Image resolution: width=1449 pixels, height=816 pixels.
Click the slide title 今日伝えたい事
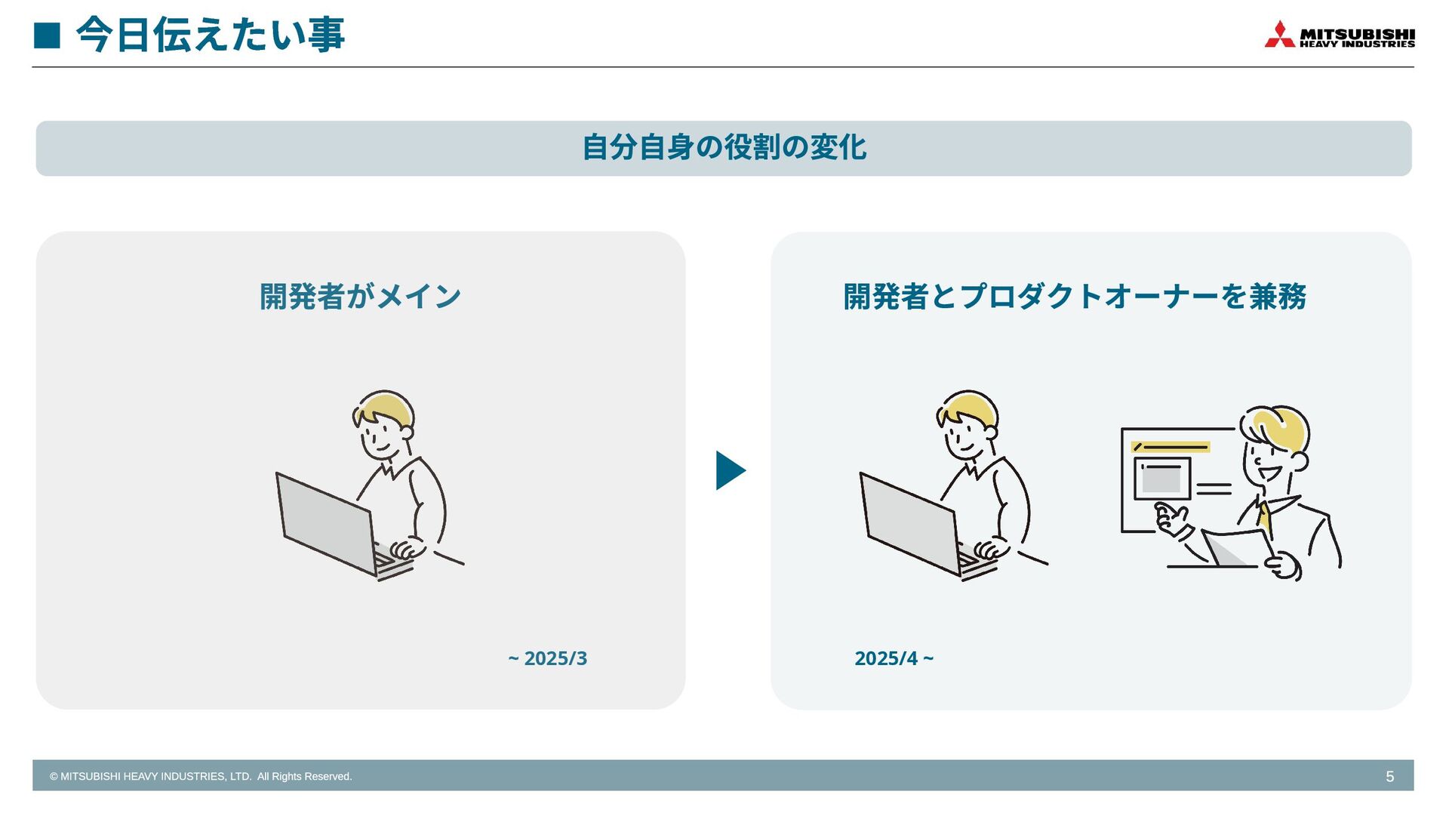211,35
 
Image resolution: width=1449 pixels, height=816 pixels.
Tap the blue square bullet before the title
47,35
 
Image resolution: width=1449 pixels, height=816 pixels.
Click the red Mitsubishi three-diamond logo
1279,35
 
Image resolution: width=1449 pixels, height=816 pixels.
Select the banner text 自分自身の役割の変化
724,147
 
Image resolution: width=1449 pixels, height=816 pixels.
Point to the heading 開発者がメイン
360,296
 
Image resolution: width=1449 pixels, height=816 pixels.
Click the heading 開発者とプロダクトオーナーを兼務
1075,296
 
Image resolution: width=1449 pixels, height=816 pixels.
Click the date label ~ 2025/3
547,658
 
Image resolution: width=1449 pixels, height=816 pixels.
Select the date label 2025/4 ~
894,658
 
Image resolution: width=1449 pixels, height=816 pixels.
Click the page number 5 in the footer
1389,777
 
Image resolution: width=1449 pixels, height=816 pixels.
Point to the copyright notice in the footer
201,776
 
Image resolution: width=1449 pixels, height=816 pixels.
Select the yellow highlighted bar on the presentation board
1171,447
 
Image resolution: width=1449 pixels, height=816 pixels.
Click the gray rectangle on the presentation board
1161,479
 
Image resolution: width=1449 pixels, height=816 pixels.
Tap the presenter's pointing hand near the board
1171,521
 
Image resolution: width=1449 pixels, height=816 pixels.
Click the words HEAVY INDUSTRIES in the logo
1357,45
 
